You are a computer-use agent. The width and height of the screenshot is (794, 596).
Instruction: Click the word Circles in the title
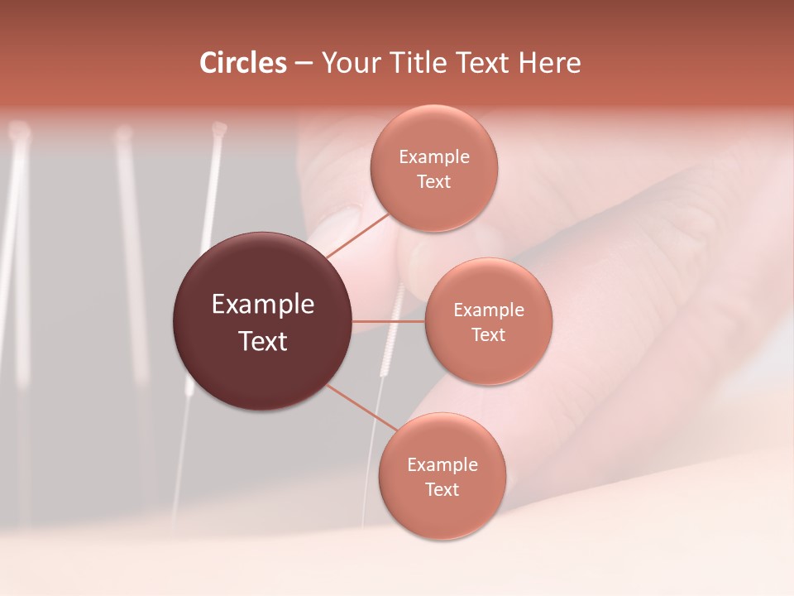(243, 63)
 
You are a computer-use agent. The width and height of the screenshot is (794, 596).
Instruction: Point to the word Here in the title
(549, 63)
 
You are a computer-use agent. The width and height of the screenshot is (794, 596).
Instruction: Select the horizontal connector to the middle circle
(388, 321)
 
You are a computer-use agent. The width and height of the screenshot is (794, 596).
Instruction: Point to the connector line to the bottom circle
(361, 407)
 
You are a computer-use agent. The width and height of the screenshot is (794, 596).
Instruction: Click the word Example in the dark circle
(263, 305)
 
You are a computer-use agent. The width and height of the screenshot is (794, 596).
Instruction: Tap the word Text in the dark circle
(263, 341)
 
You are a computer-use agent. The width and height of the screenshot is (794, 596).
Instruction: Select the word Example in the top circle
(434, 157)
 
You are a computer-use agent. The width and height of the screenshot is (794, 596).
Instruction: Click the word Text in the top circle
(434, 182)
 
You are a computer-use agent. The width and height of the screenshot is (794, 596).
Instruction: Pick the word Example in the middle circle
(489, 310)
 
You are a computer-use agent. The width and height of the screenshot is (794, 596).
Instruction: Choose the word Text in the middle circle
(489, 335)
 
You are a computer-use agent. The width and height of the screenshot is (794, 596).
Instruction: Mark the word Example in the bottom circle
(442, 465)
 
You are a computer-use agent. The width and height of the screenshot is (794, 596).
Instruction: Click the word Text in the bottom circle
(442, 490)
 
